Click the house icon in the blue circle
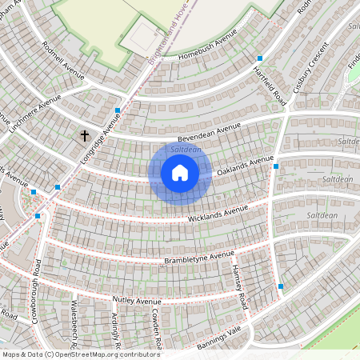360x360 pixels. point(180,172)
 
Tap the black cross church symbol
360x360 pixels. point(85,137)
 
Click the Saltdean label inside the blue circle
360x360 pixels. point(186,150)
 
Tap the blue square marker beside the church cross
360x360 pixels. point(118,110)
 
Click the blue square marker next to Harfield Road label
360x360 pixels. point(259,58)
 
